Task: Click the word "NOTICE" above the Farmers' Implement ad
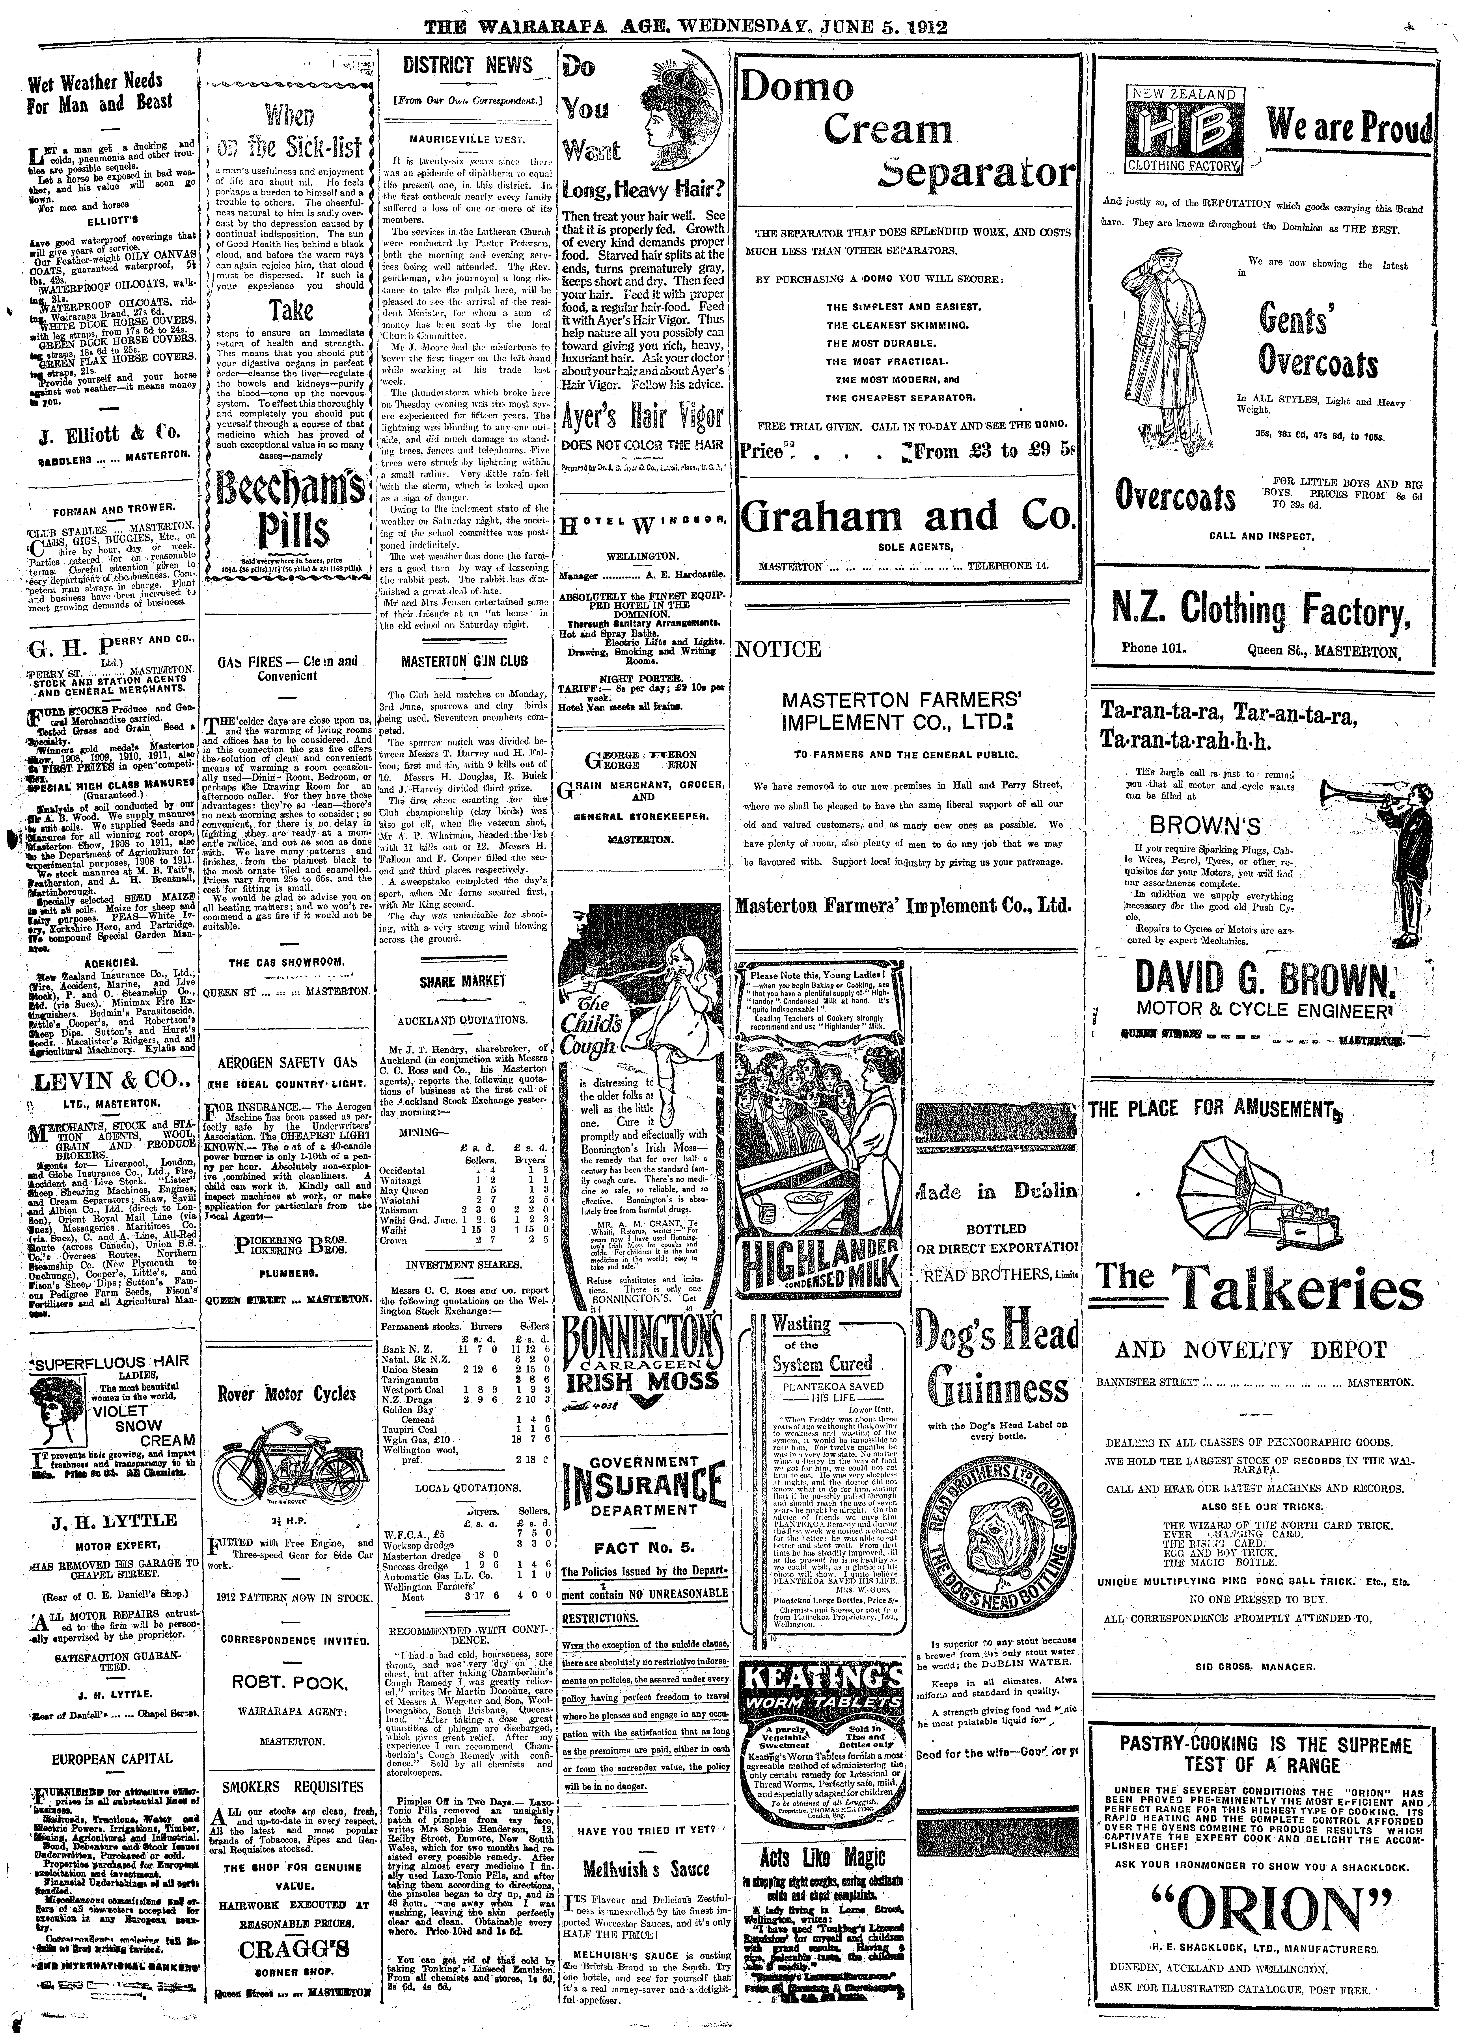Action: (777, 649)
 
